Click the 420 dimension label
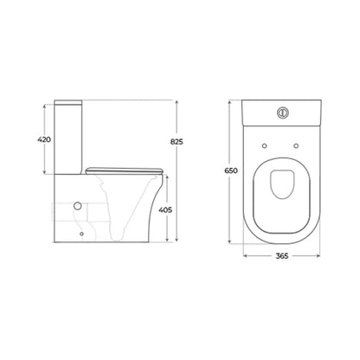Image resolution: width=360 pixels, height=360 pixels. pyautogui.click(x=44, y=139)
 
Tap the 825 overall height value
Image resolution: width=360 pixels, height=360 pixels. pyautogui.click(x=177, y=142)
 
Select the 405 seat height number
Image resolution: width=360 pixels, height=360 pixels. pyautogui.click(x=165, y=210)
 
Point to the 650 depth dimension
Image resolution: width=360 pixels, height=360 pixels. pyautogui.click(x=231, y=170)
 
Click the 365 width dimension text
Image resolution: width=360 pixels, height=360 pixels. pyautogui.click(x=281, y=256)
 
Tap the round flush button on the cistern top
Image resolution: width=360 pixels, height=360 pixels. pyautogui.click(x=282, y=112)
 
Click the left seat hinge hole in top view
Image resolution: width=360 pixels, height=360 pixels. pyautogui.click(x=265, y=146)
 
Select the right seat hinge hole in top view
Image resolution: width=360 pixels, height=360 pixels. pyautogui.click(x=296, y=146)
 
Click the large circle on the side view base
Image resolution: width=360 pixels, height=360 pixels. pyautogui.click(x=78, y=206)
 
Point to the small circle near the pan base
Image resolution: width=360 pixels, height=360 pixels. pyautogui.click(x=82, y=234)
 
